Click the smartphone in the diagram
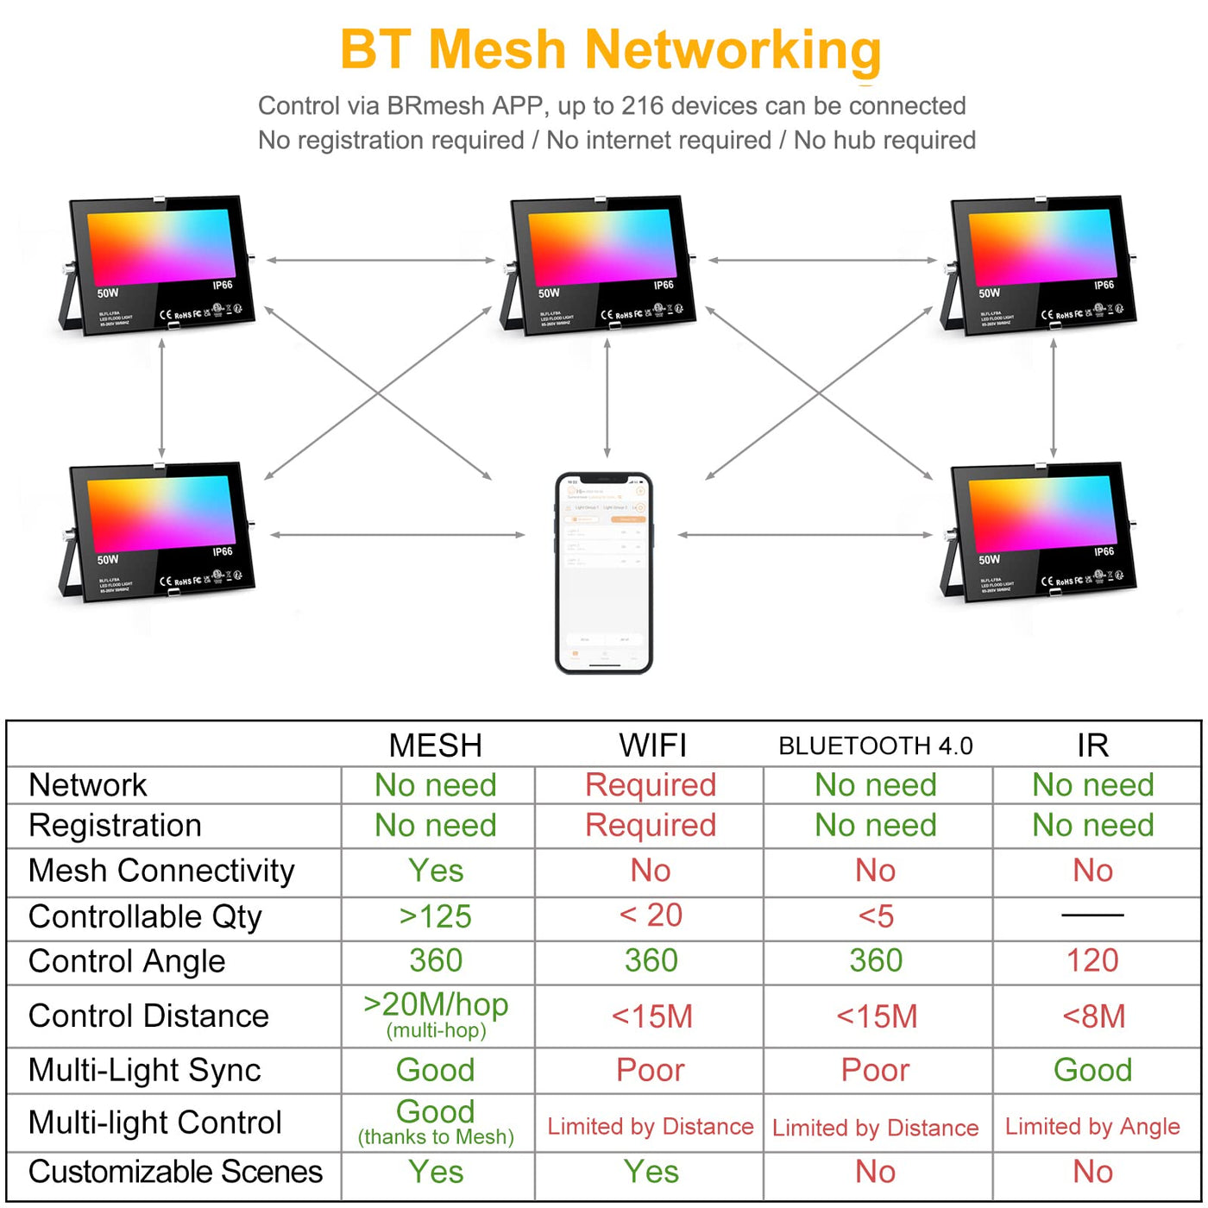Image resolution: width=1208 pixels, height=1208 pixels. [604, 572]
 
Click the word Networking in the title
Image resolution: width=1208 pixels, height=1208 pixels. [733, 50]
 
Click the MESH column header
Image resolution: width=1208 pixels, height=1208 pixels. [436, 746]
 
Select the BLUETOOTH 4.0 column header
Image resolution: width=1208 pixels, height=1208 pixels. [875, 746]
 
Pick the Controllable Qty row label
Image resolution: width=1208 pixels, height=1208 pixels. [145, 916]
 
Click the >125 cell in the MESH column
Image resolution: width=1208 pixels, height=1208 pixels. [436, 916]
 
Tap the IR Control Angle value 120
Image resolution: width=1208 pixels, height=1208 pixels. [1092, 960]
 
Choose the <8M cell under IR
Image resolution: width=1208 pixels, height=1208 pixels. [1093, 1016]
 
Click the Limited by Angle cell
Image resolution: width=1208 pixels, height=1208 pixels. [1092, 1127]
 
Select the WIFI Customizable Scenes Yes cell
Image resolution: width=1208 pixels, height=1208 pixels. [651, 1172]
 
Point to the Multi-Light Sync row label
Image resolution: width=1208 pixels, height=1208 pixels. [144, 1070]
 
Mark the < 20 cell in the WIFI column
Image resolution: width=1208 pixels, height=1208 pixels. [651, 915]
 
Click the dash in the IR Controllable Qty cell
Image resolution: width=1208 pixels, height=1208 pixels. [1092, 915]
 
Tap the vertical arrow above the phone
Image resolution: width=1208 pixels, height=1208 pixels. [607, 397]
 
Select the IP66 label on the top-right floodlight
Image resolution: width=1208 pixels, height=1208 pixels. [1104, 285]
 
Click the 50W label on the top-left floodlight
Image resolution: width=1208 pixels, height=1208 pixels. [108, 293]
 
